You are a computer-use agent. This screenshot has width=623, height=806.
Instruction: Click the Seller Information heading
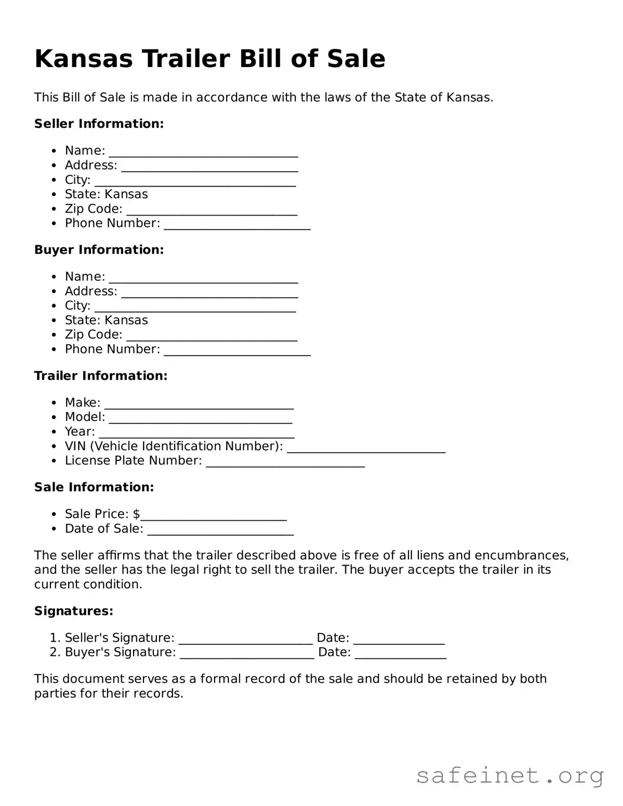[x=99, y=124]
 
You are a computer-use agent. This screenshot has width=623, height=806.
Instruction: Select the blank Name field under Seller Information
[x=203, y=152]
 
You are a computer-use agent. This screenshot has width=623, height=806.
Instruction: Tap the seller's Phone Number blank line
[x=237, y=224]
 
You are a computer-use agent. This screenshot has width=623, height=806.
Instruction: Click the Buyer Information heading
[x=99, y=250]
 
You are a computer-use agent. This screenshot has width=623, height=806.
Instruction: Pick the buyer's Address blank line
[x=209, y=292]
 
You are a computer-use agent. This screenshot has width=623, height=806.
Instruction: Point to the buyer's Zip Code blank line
[x=211, y=336]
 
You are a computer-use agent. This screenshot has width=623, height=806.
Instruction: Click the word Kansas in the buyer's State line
[x=126, y=320]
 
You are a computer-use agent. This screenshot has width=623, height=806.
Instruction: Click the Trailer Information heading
[x=100, y=376]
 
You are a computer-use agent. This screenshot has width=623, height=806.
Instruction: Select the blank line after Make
[x=198, y=404]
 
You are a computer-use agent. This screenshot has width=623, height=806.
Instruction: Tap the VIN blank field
[x=366, y=448]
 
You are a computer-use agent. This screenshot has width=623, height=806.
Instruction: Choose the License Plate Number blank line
[x=285, y=462]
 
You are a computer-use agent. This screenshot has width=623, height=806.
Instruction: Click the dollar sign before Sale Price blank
[x=136, y=514]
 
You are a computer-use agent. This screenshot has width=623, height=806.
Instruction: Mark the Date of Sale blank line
[x=220, y=530]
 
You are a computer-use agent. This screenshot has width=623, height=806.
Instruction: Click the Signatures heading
[x=73, y=611]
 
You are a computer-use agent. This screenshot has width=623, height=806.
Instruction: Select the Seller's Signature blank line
[x=245, y=639]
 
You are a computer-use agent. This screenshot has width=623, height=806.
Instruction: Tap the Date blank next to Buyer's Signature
[x=400, y=654]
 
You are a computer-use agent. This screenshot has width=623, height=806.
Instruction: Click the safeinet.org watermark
[x=509, y=776]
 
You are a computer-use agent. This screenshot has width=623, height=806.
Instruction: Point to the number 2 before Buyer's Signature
[x=54, y=652]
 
